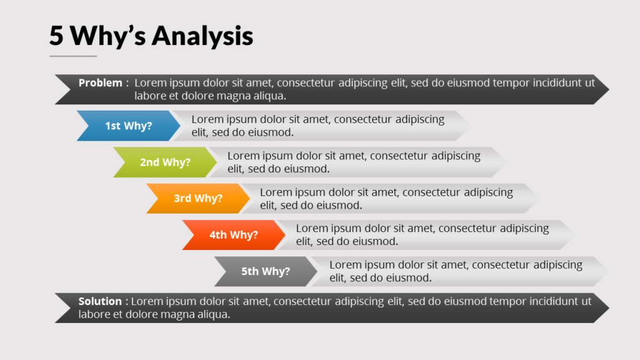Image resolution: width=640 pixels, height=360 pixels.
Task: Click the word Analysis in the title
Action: [202, 36]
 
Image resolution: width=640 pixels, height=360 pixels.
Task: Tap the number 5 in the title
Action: [56, 35]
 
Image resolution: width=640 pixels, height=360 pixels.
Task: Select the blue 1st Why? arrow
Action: [129, 126]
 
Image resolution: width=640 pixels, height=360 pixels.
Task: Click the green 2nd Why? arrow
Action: [165, 162]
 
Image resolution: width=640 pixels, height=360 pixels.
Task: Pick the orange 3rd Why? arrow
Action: [198, 198]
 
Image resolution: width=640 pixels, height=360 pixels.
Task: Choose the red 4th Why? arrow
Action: [234, 235]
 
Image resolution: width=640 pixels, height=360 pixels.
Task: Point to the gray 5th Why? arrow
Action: [266, 271]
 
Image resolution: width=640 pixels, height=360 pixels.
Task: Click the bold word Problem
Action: [101, 83]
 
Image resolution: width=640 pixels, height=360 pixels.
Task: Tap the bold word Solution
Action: [100, 301]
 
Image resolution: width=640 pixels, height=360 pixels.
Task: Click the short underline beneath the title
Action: [73, 56]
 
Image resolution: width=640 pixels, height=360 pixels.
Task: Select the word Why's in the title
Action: [107, 36]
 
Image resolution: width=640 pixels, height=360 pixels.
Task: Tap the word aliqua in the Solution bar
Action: [214, 314]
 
